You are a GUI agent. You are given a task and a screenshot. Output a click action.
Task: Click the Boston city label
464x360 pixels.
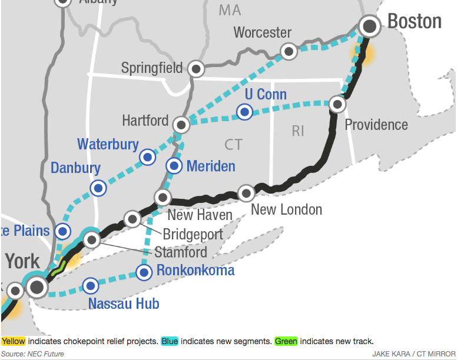click(x=414, y=22)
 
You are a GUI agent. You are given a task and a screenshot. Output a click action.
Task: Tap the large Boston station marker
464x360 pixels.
click(x=370, y=25)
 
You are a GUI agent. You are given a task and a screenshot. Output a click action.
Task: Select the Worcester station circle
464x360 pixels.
click(x=289, y=51)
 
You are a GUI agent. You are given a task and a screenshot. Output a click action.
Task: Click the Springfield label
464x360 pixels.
click(x=152, y=68)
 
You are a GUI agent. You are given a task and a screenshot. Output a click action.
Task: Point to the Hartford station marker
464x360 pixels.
click(x=181, y=124)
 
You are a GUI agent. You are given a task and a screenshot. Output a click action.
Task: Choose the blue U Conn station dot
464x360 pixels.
click(x=244, y=111)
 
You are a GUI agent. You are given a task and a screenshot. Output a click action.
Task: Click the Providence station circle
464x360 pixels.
click(x=337, y=104)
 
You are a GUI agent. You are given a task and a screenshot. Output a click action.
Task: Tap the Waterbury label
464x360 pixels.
click(x=108, y=144)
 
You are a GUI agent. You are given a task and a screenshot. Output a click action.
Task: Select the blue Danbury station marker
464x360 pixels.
click(x=98, y=188)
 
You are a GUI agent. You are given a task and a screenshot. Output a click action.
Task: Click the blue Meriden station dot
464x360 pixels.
click(x=174, y=166)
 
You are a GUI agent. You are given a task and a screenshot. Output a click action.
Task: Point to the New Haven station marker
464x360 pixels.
click(x=162, y=197)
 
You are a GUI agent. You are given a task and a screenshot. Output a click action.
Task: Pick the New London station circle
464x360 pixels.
click(x=246, y=192)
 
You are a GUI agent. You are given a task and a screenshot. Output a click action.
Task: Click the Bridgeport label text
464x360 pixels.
click(x=193, y=234)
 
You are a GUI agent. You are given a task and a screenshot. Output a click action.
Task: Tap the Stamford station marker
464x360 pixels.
click(x=91, y=239)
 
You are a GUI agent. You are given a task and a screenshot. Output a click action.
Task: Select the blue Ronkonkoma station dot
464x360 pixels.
click(x=144, y=272)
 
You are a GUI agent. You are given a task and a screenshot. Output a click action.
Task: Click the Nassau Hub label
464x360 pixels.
click(x=123, y=304)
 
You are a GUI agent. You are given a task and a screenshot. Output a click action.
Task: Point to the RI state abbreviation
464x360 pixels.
click(x=298, y=131)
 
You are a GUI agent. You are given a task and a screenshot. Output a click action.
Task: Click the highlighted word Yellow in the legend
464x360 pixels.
click(x=13, y=341)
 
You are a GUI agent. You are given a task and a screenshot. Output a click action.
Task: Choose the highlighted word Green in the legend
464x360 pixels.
click(x=286, y=341)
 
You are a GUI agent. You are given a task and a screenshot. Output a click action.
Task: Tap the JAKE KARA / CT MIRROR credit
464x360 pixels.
click(x=413, y=354)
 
